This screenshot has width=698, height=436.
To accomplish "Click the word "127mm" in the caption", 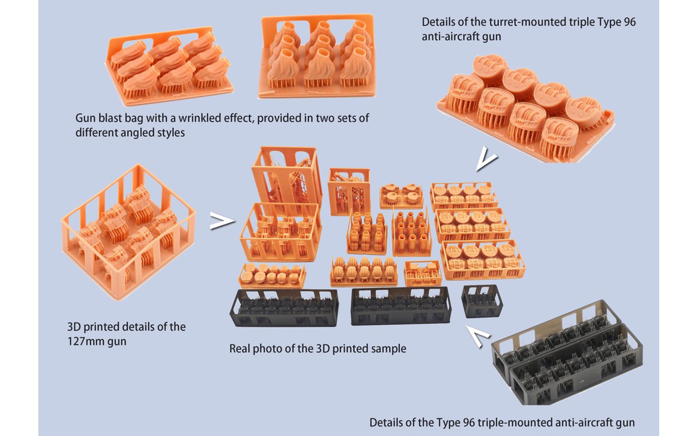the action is [86, 342].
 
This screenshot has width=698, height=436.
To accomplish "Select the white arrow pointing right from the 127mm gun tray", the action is [222, 221].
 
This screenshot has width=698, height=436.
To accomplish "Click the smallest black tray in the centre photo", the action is [482, 301].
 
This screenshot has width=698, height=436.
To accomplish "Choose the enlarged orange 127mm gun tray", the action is [128, 232].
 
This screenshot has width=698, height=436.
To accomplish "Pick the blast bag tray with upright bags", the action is [317, 56].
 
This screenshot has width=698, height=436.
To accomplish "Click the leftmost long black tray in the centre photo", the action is [284, 308].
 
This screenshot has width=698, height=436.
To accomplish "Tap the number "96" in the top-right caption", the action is [629, 22].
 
